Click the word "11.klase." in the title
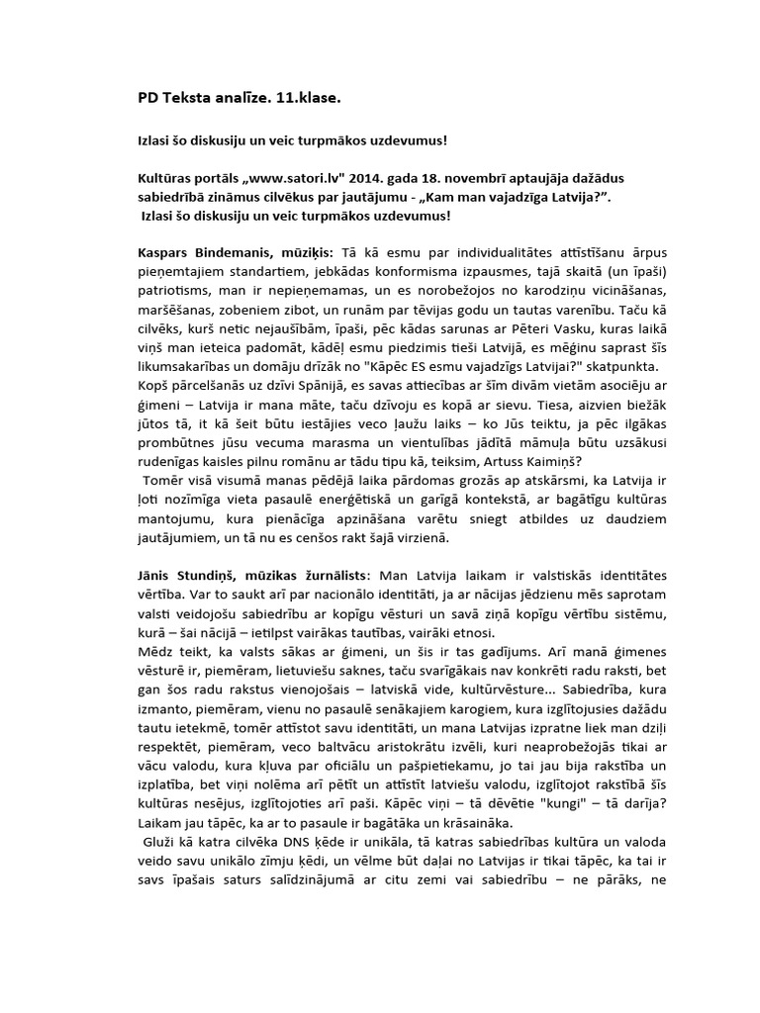click(x=307, y=100)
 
